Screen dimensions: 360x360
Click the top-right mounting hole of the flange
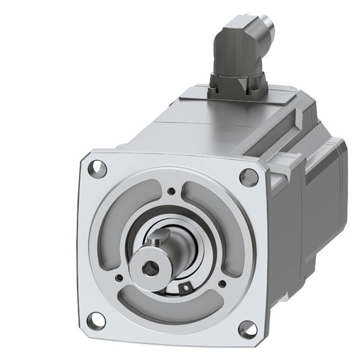point(251,176)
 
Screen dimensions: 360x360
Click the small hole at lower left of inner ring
point(120,276)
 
